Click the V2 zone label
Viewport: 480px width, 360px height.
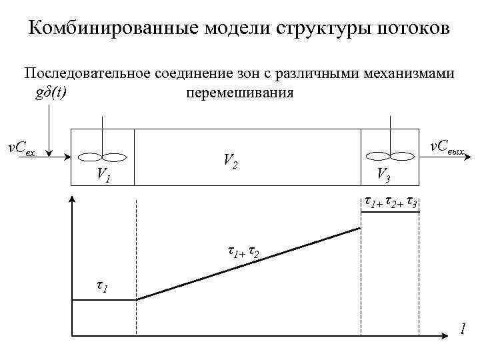coord(230,161)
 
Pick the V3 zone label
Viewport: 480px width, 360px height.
coord(383,175)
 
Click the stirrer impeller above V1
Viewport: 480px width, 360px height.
coord(102,157)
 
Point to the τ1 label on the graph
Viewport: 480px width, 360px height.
coord(103,287)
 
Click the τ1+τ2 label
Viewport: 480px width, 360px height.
coord(243,253)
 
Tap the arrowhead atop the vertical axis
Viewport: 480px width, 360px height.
coord(71,199)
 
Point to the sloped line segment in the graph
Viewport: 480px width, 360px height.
coord(249,264)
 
